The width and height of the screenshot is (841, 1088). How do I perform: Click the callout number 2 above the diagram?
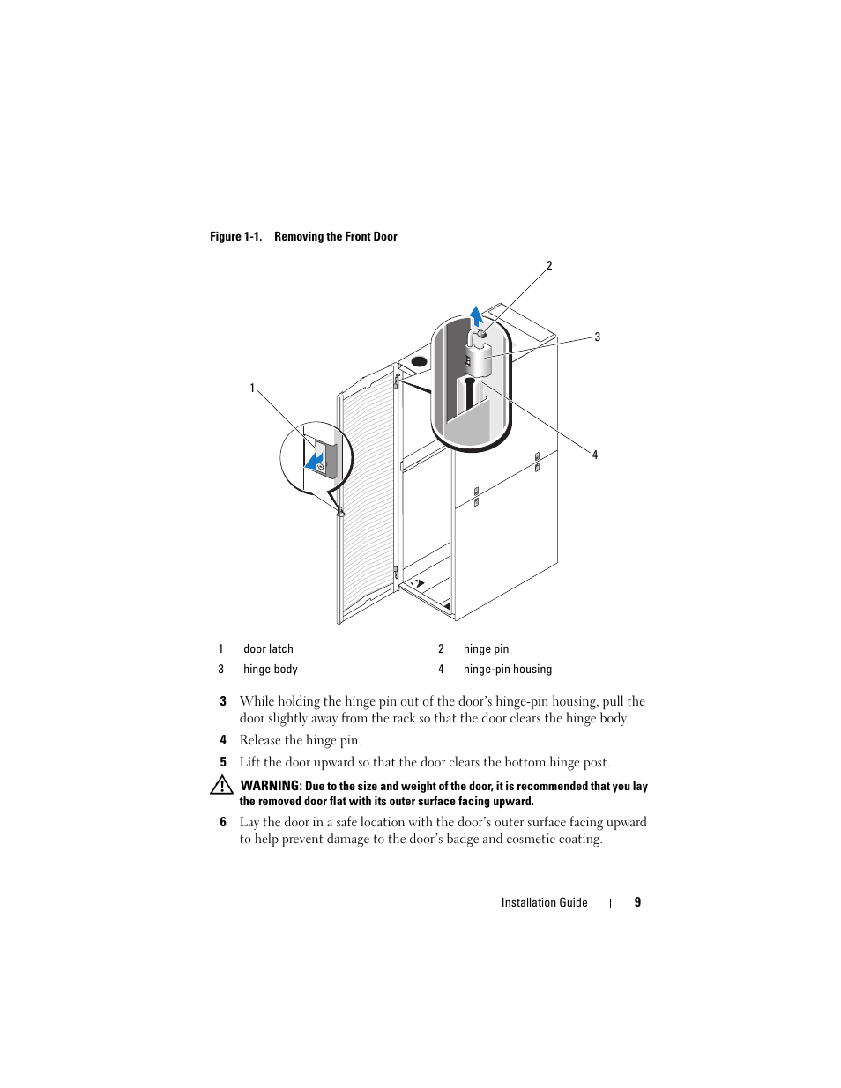549,265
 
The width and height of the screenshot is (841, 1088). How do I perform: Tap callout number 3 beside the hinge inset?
597,337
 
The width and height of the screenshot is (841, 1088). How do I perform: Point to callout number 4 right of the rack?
595,455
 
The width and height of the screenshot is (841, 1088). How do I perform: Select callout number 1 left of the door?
252,388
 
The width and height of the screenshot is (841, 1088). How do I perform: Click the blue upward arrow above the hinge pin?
476,316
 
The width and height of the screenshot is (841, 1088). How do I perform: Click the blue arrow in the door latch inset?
314,459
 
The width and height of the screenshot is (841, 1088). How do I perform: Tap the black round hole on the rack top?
419,361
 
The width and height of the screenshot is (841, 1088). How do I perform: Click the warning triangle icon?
221,785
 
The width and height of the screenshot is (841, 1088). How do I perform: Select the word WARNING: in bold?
272,786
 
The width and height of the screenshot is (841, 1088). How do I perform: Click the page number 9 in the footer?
637,902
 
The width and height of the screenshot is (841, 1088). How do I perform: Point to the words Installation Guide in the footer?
544,902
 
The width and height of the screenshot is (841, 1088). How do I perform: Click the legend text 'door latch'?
268,649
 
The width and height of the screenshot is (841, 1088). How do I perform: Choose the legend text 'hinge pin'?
486,649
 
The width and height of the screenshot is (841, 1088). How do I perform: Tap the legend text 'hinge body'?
271,670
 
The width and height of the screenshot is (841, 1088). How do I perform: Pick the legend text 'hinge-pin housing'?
508,670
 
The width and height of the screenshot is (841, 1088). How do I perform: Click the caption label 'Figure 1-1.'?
235,236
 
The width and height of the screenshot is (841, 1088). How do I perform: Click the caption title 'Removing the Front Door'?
336,236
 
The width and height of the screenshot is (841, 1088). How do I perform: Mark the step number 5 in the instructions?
223,762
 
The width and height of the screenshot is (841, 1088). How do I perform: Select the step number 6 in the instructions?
223,822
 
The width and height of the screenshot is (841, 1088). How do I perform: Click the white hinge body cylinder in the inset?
478,359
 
